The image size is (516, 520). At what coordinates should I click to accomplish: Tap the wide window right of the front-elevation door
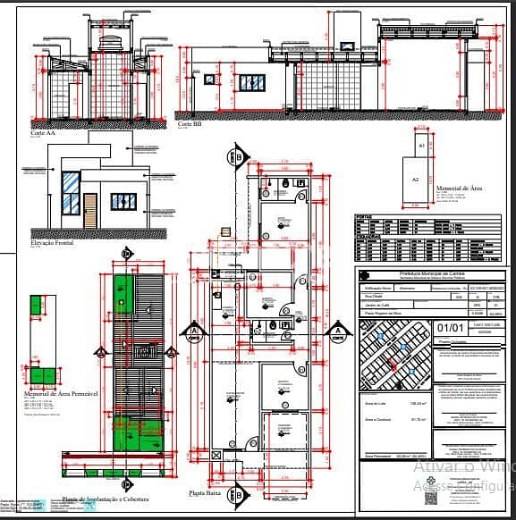[123, 201]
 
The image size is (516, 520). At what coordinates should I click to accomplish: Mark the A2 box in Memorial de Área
[414, 179]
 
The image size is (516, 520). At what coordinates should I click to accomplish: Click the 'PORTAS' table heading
[363, 216]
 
